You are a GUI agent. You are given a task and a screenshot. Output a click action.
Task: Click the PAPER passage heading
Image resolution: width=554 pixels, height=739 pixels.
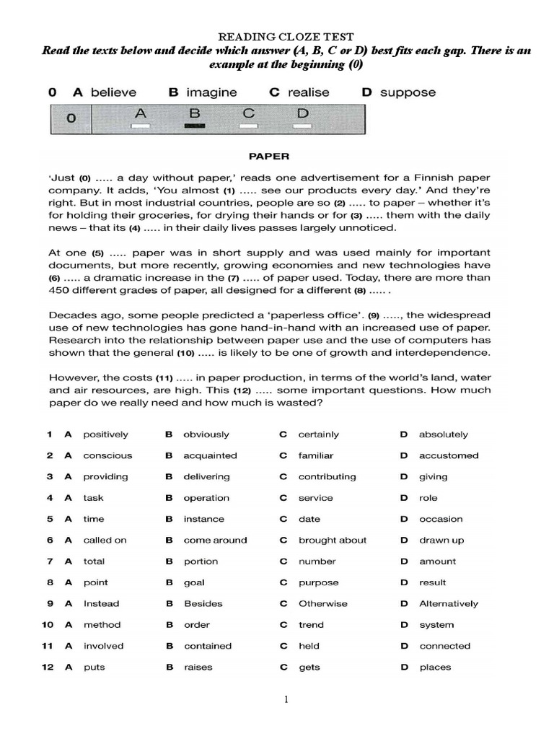click(x=268, y=154)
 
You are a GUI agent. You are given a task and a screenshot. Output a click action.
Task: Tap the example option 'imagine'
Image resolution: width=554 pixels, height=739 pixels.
click(x=211, y=92)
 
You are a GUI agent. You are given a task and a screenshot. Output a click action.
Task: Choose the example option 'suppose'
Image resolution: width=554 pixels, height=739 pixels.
click(x=408, y=92)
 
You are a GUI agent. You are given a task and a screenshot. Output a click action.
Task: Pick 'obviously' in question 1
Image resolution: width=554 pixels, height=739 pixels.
click(x=206, y=434)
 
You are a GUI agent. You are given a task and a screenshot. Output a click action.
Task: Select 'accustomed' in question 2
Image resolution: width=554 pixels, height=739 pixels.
click(x=449, y=455)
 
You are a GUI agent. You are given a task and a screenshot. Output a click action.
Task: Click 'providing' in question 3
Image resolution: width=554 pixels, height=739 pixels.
click(x=105, y=476)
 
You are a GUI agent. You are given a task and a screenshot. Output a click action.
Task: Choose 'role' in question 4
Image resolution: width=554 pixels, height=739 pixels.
click(x=428, y=498)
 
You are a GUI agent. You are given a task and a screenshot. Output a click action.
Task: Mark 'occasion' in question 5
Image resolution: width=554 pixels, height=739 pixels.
click(x=441, y=519)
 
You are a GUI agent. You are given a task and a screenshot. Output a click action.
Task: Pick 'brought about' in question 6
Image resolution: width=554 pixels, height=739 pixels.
click(x=333, y=540)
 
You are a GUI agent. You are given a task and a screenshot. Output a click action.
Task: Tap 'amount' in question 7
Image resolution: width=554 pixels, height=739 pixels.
click(x=438, y=561)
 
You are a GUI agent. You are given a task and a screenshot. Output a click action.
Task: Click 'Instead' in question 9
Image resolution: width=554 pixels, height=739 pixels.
click(x=101, y=603)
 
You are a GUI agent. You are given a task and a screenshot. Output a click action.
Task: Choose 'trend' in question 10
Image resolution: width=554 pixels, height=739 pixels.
click(x=311, y=625)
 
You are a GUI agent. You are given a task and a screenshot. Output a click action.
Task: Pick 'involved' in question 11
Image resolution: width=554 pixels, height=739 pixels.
click(x=103, y=646)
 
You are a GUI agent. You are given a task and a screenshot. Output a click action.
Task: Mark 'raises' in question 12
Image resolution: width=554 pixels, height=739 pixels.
click(x=199, y=668)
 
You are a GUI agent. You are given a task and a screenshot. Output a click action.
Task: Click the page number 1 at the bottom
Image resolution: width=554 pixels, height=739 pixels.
click(x=286, y=699)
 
